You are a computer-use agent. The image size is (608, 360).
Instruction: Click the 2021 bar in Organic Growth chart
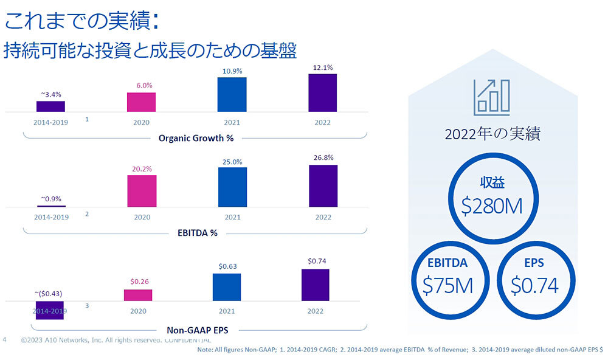[232, 94]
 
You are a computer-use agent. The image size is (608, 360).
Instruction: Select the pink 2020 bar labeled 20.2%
[142, 191]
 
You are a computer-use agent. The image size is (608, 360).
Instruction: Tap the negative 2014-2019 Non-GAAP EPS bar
[50, 310]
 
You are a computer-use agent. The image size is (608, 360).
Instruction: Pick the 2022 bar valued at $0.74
[315, 285]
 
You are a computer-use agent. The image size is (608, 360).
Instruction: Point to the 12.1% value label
[323, 67]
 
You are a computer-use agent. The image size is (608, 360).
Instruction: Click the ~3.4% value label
[51, 94]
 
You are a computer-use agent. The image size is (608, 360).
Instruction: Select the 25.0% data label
[232, 162]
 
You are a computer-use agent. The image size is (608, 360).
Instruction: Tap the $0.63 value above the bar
[227, 266]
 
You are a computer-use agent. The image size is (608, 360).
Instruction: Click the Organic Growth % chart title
[196, 138]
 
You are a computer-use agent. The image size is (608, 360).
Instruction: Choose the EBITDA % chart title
[196, 232]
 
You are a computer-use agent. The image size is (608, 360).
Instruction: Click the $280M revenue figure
[492, 206]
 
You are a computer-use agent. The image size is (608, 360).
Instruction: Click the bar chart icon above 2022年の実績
[492, 95]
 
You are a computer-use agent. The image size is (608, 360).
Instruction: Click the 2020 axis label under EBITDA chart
[141, 216]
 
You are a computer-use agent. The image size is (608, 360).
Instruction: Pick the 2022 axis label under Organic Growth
[322, 122]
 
